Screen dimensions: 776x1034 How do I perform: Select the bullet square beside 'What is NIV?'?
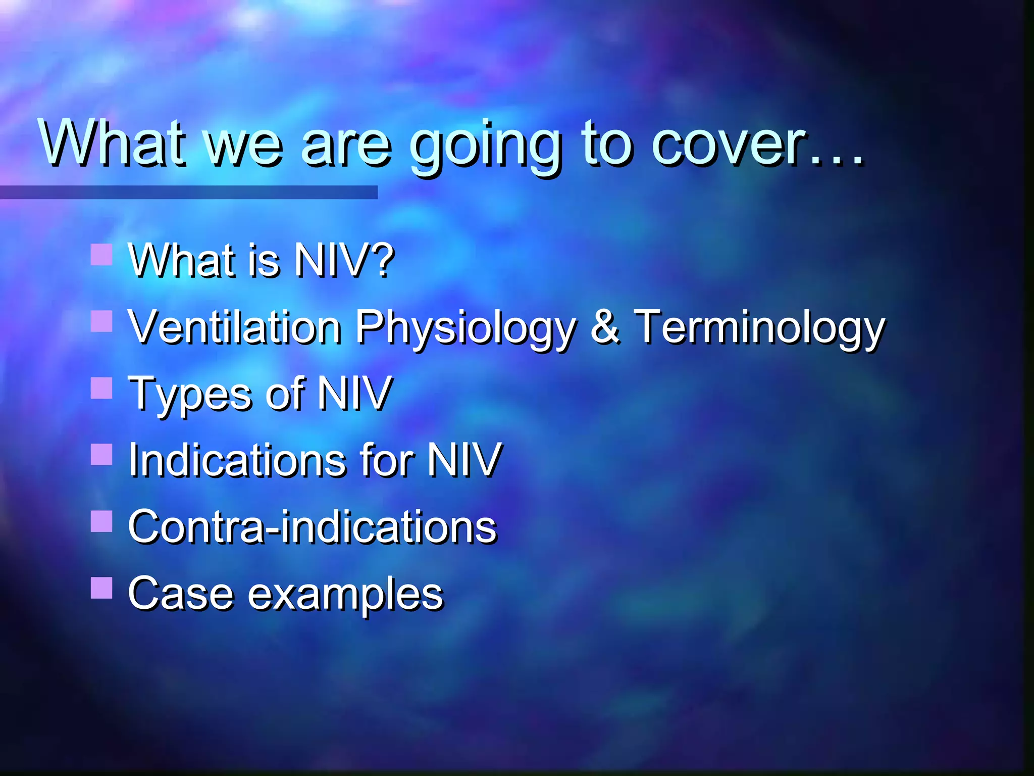[x=101, y=254]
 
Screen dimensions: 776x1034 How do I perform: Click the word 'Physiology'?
[x=465, y=329]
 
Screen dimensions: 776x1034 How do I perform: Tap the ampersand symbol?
[x=605, y=326]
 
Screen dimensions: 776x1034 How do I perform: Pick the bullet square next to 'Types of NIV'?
[x=101, y=388]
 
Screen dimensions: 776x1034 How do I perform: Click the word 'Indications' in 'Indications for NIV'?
[x=237, y=460]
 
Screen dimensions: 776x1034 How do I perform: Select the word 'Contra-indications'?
[x=313, y=527]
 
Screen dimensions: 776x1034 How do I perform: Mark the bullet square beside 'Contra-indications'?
[x=101, y=521]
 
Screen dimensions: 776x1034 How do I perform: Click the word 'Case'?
[x=181, y=594]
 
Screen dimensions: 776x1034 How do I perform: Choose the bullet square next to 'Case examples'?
[x=101, y=588]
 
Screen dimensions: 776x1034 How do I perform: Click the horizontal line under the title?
[x=188, y=192]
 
